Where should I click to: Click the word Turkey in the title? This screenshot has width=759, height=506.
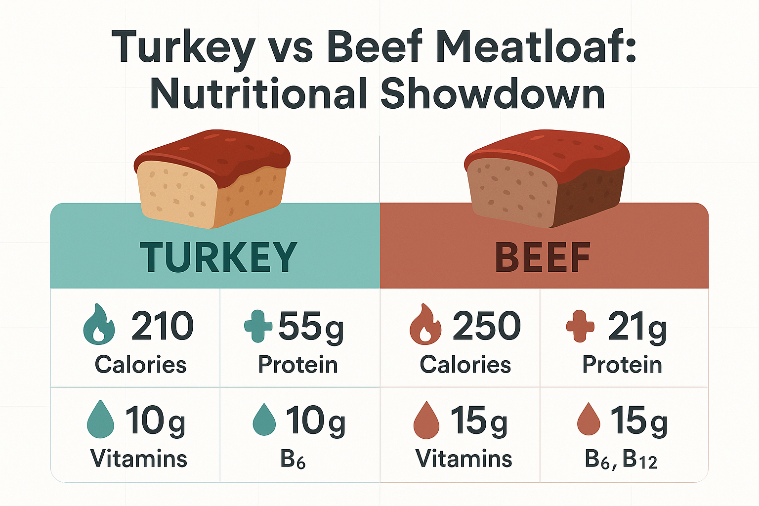point(183,48)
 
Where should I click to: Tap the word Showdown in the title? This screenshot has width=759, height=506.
point(493,94)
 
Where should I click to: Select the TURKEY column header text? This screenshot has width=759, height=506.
point(218,257)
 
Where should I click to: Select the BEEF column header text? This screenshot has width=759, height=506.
point(543,257)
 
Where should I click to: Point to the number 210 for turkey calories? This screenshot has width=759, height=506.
point(162,326)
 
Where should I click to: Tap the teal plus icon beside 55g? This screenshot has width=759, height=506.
point(258,326)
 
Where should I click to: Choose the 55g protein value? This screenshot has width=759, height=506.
point(311,327)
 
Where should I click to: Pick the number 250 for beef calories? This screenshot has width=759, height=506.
point(486,326)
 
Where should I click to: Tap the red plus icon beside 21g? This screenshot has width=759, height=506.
point(580,326)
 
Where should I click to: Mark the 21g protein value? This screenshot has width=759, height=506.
point(637,327)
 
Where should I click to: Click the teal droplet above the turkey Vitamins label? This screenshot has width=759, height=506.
point(100,420)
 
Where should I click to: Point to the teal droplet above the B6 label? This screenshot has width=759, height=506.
point(264,420)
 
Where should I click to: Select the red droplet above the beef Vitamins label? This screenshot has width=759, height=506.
point(426,421)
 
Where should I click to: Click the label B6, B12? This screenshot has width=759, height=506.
point(621,460)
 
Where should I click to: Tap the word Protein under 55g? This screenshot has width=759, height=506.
point(298,365)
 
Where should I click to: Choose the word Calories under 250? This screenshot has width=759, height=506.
point(465,365)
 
